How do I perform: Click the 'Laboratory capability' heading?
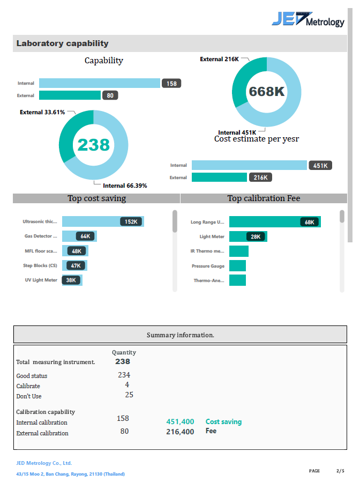tap(62, 43)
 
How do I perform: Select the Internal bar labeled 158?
tap(100, 83)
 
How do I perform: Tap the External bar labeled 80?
tap(70, 95)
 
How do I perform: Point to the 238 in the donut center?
tap(93, 144)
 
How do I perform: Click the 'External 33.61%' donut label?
tap(42, 112)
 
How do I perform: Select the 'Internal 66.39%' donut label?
tap(125, 186)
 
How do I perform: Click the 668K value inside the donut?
tap(266, 92)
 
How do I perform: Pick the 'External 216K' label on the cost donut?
tap(219, 59)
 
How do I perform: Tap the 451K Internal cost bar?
tap(249, 166)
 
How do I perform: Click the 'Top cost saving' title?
tap(96, 198)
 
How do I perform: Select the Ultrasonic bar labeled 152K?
tap(102, 221)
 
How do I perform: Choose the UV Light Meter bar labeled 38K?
tap(72, 280)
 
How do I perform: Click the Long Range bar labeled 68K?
tap(274, 222)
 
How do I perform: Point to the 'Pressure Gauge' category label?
tap(208, 266)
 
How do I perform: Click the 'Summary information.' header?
tap(180, 335)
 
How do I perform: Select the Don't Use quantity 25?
tap(129, 395)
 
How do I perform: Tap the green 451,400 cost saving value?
tap(180, 422)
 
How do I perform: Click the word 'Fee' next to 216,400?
tap(211, 431)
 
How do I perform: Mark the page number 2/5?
tap(340, 471)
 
